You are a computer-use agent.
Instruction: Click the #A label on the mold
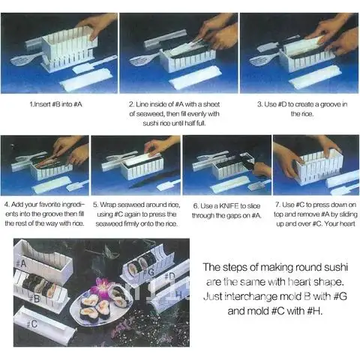[21, 263]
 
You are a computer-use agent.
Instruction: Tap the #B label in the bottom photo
[34, 298]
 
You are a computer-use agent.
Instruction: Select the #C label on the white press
[32, 324]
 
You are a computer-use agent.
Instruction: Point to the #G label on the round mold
[149, 272]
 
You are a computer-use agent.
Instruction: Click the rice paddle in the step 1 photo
[25, 59]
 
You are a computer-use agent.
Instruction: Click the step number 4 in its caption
[7, 205]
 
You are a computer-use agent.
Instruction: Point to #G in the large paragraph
[340, 297]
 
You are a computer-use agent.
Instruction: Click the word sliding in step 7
[348, 214]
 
